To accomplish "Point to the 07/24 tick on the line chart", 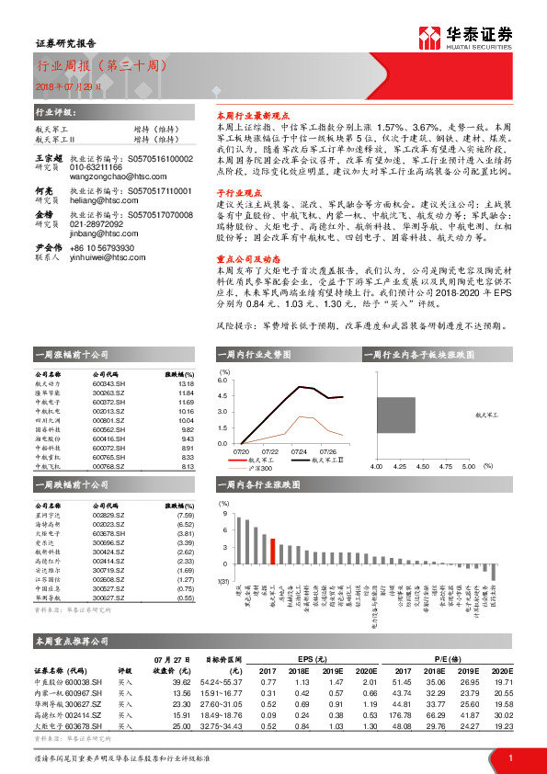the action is (299, 451).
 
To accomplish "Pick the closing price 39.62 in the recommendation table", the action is (180, 682).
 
